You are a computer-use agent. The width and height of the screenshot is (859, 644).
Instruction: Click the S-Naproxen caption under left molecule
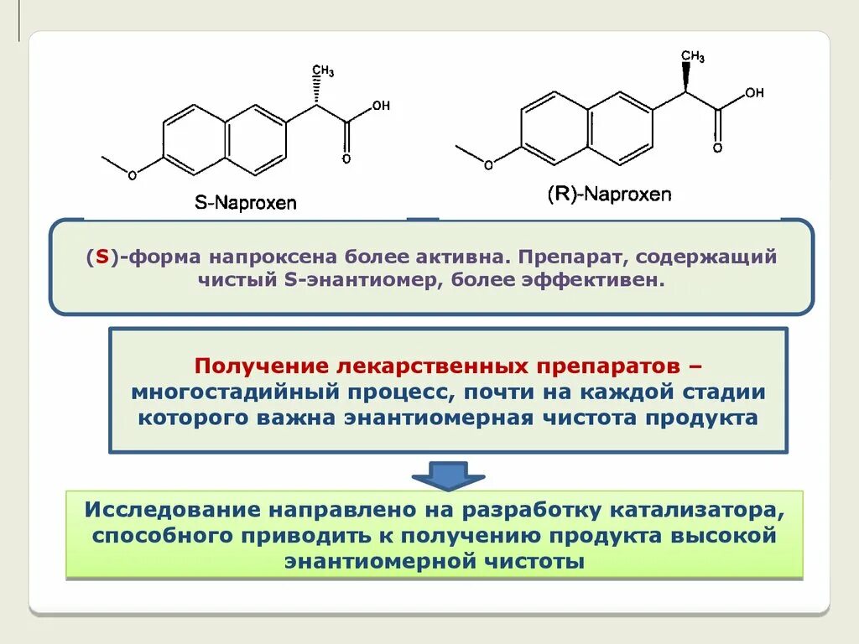[245, 202]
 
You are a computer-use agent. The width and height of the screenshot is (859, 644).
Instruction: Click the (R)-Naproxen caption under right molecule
[609, 195]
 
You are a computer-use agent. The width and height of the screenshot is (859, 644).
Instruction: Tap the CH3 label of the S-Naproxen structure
[323, 70]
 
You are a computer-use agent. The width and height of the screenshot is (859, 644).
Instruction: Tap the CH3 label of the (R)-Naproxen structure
[692, 56]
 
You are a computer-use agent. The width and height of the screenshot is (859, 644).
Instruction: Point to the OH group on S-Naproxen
[381, 106]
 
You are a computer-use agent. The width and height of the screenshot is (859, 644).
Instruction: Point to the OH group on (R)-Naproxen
[754, 92]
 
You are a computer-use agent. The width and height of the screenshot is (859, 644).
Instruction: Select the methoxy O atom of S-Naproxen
[132, 174]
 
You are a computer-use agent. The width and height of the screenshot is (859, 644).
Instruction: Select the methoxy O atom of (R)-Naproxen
[489, 164]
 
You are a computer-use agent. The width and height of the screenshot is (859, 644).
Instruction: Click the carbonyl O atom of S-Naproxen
[346, 158]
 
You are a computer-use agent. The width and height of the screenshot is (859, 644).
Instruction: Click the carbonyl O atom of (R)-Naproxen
[717, 148]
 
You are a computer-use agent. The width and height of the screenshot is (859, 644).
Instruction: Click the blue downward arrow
[447, 475]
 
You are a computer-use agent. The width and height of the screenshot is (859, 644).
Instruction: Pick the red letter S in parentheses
[101, 257]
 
